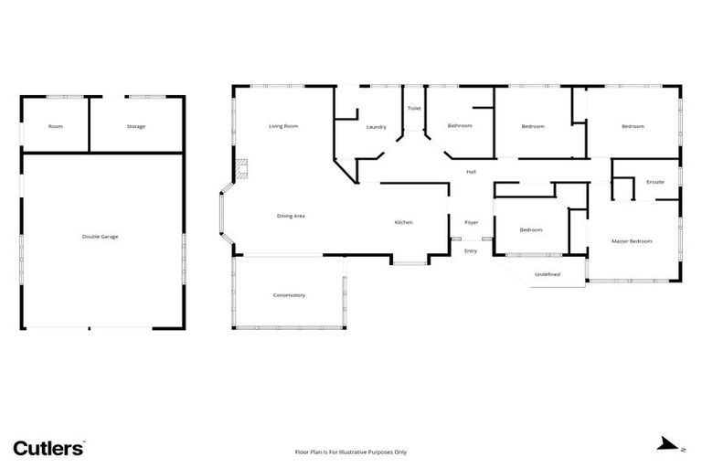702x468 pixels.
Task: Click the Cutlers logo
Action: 48,447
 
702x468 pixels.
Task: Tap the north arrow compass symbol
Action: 667,445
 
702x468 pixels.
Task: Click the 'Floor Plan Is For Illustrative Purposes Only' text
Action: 351,452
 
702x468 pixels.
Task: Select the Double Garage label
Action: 101,237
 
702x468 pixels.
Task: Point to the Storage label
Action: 136,126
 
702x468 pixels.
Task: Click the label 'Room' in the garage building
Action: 56,126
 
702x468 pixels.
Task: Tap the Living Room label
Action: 283,125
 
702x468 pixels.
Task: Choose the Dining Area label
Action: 291,216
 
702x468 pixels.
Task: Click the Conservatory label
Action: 289,295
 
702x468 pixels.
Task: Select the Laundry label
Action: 376,127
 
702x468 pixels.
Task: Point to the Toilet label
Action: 414,109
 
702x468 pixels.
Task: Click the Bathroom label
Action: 460,125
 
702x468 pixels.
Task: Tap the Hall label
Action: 472,172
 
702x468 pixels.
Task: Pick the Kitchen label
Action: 404,223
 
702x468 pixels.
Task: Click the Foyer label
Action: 472,223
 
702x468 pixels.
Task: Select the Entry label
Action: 471,250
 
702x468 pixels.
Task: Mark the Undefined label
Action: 548,274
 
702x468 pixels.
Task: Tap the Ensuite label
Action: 655,182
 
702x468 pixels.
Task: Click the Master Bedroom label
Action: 633,241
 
